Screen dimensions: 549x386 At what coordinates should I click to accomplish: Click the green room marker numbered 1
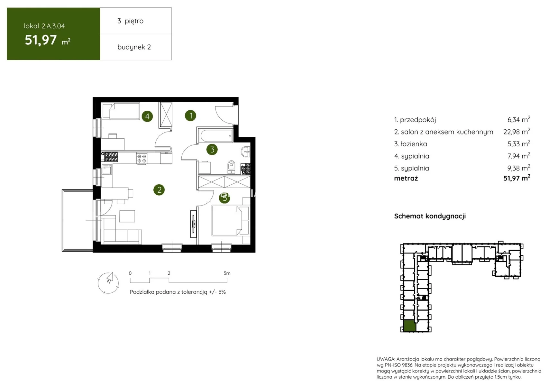pos(190,115)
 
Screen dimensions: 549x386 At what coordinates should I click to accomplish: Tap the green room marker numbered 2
pos(159,190)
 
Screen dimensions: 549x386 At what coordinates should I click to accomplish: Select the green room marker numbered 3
pos(212,149)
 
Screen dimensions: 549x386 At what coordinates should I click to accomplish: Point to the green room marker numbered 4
pos(147,116)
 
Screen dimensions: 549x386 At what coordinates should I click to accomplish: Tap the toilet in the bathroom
pos(231,167)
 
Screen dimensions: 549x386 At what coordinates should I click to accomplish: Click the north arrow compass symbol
pos(108,282)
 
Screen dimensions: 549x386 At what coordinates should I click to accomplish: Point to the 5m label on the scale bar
pos(227,273)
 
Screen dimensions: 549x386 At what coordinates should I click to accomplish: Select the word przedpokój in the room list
pos(418,120)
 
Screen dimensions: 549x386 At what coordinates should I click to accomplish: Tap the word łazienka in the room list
pos(414,144)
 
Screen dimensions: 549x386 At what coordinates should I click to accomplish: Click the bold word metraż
pos(406,178)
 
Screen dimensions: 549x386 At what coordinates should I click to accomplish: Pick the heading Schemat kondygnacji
pos(430,216)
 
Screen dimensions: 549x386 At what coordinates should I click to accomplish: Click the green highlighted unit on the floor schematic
pos(409,326)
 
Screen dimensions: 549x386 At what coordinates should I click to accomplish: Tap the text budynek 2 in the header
pos(134,47)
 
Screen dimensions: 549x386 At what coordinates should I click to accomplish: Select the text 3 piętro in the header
pos(130,21)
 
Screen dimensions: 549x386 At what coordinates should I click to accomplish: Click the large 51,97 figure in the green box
pos(41,40)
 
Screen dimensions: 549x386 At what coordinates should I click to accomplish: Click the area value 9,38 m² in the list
pos(519,168)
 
